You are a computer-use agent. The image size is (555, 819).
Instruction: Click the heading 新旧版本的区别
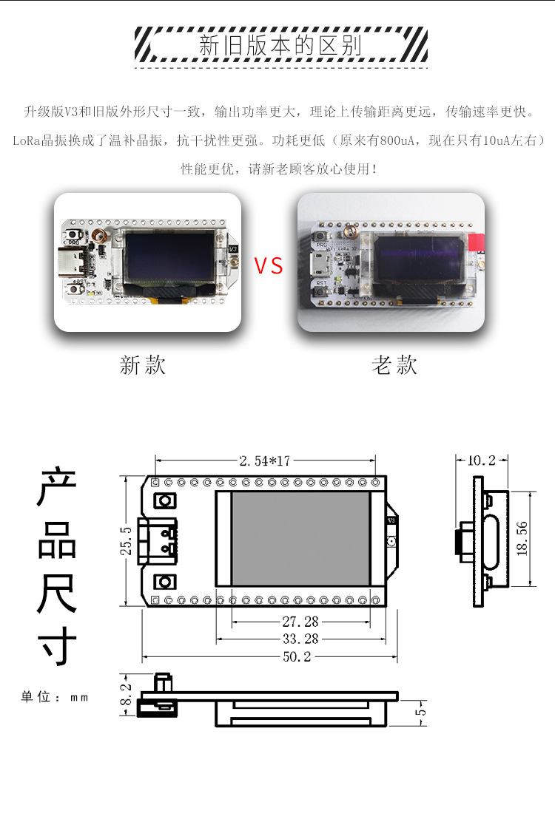pos(280,46)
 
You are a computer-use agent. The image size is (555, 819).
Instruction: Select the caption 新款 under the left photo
pos(143,364)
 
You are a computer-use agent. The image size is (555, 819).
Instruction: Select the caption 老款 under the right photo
pos(394,364)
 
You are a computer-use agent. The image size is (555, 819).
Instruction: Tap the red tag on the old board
pos(477,242)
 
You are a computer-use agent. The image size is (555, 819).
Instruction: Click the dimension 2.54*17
pos(265,461)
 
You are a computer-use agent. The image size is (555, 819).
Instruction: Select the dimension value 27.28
pos(300,622)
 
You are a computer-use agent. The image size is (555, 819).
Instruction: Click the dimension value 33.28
pos(300,639)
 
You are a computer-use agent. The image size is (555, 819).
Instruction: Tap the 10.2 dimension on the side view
pos(482,461)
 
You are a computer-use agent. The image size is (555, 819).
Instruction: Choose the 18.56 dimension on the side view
pos(523,539)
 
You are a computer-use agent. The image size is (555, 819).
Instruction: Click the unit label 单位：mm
pos(54,697)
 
